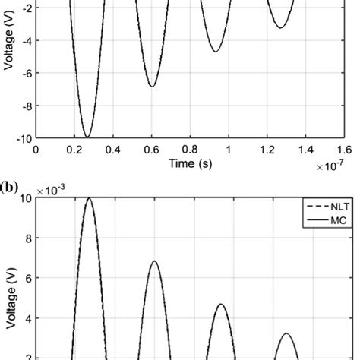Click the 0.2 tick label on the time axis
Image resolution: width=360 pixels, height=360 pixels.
coord(74,150)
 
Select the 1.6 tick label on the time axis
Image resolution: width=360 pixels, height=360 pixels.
coord(344,150)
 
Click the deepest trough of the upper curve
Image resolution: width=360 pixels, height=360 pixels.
coord(87,137)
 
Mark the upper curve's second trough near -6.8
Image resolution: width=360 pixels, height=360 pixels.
coord(153,87)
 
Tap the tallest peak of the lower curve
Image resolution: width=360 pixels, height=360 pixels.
coord(90,198)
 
